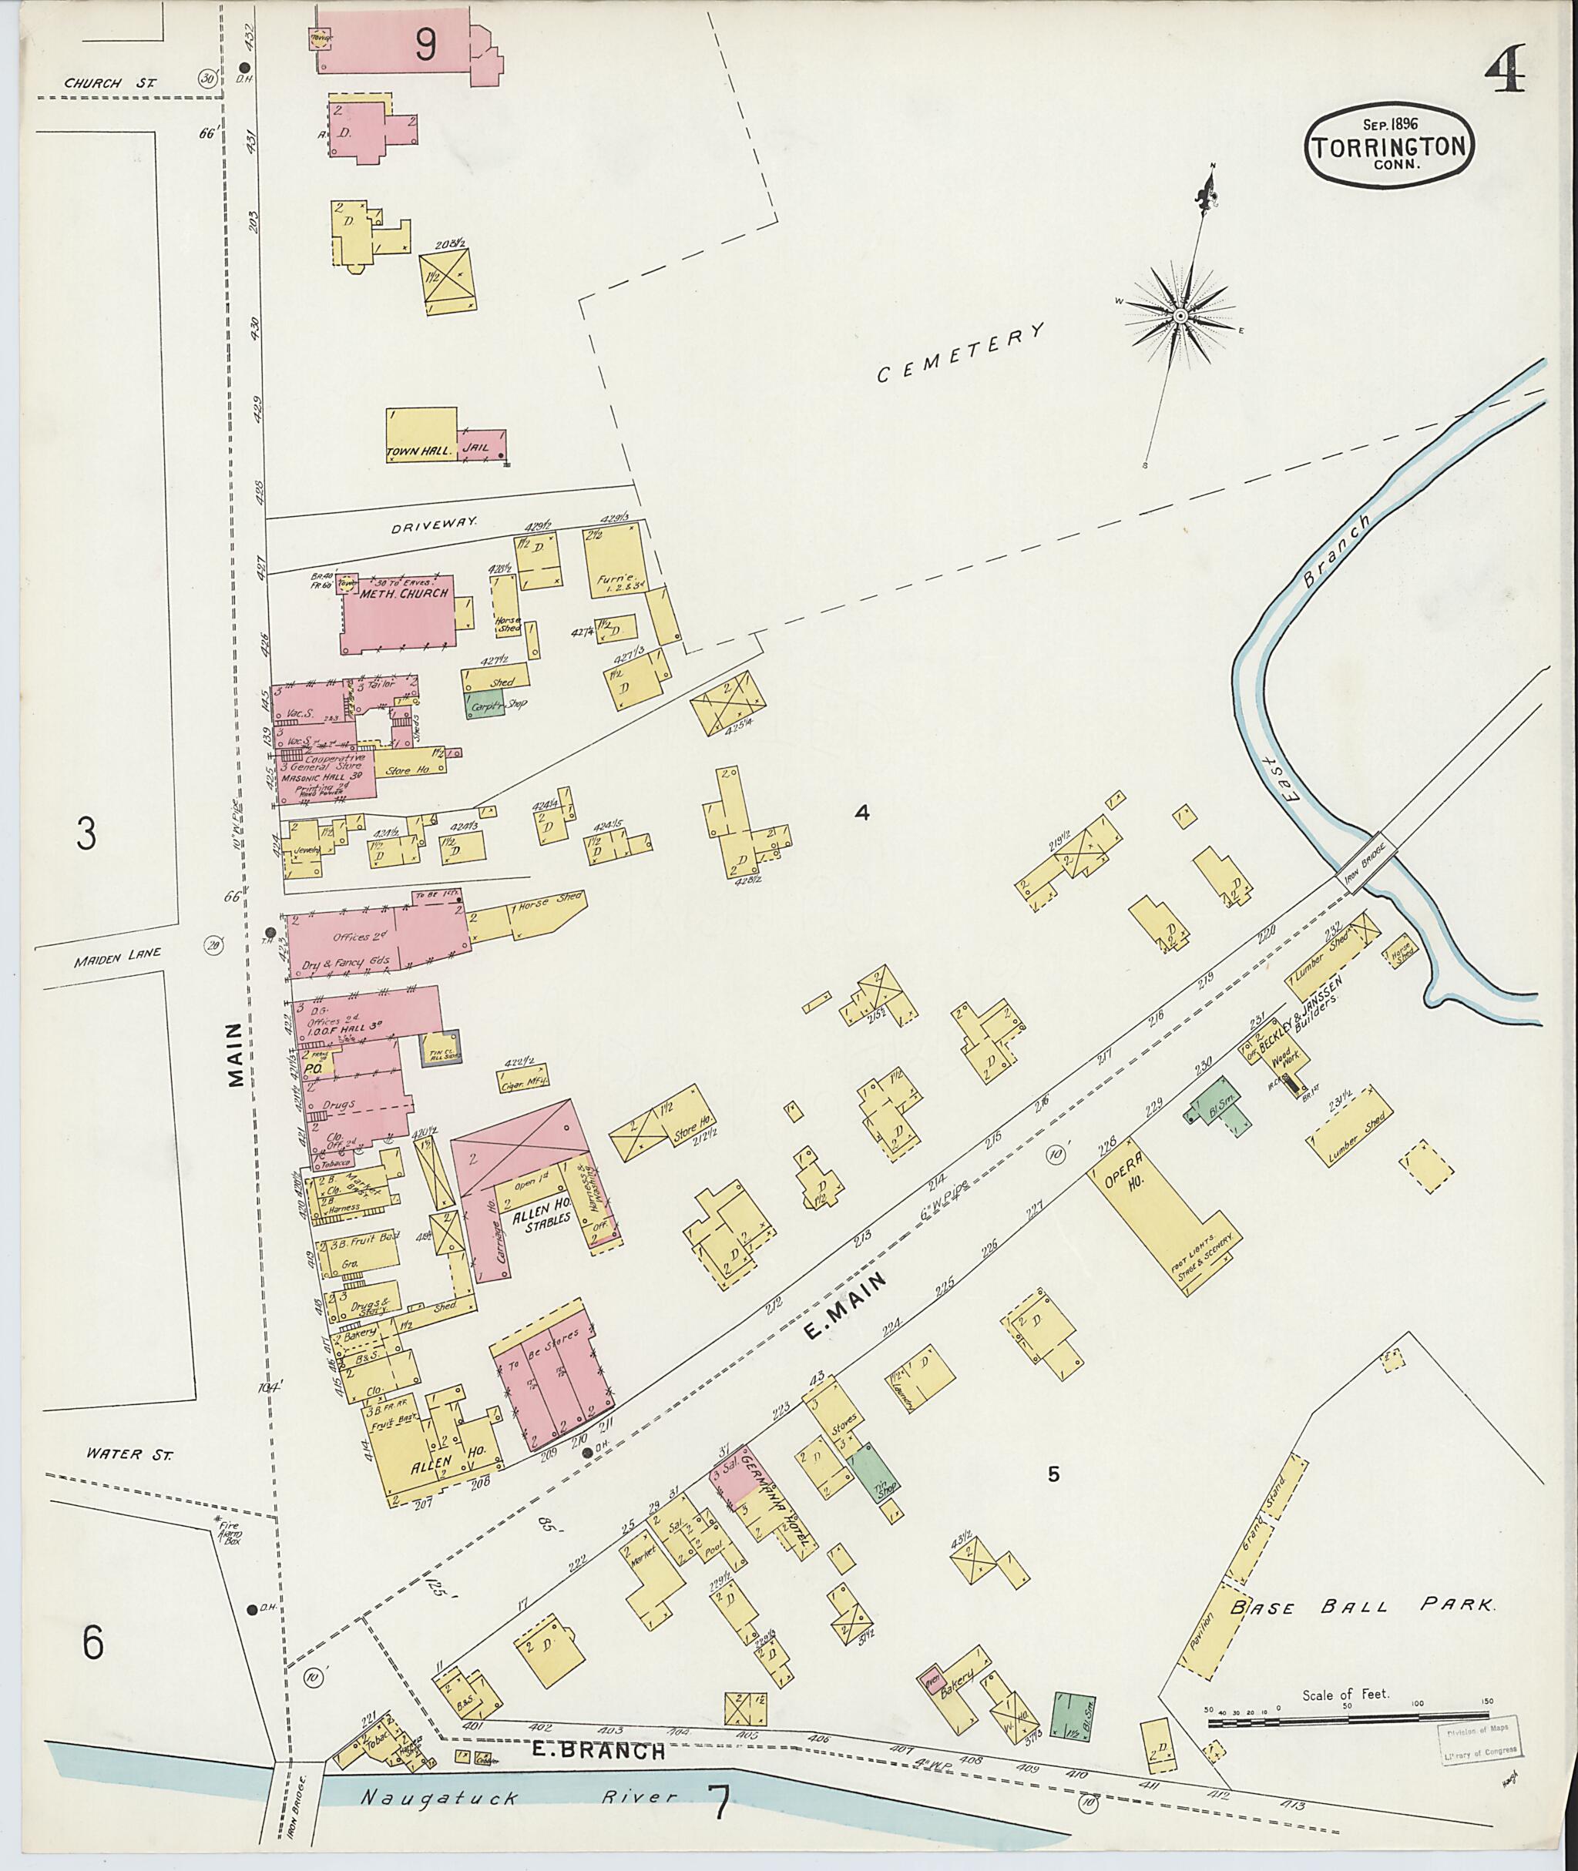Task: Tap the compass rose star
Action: (x=1180, y=316)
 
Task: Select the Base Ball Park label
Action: (x=1361, y=1606)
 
